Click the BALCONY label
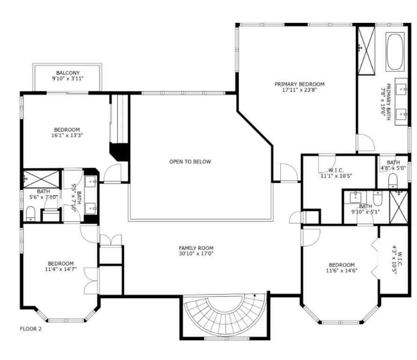point(68,73)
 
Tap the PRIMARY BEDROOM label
point(299,84)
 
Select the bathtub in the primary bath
point(396,51)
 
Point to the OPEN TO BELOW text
point(190,162)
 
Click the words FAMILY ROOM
point(196,248)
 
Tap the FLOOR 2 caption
point(30,329)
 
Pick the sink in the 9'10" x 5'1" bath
point(357,197)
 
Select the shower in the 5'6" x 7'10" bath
point(41,178)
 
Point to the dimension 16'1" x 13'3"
point(67,136)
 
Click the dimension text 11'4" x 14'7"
point(60,269)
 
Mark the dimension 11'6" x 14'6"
point(341,271)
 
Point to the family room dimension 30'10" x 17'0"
point(196,254)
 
